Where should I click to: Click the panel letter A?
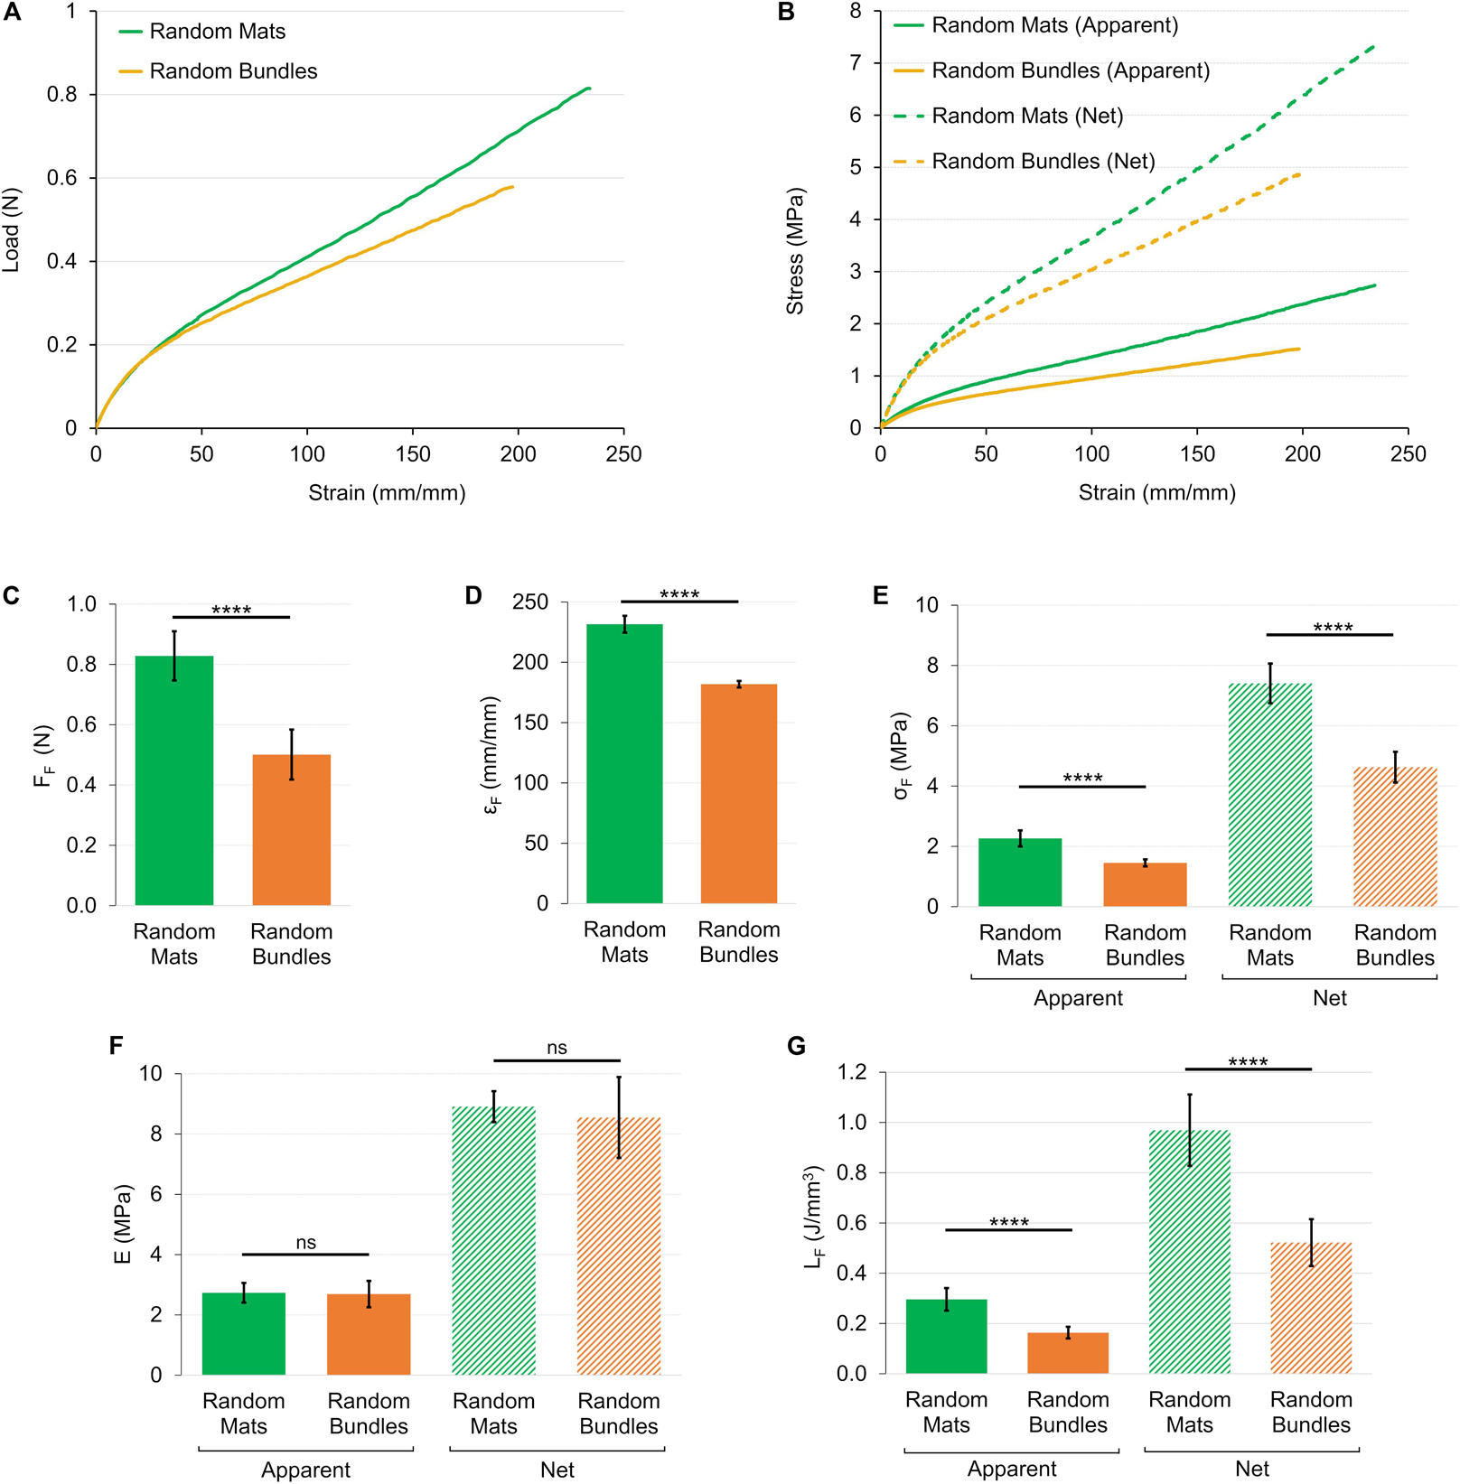pyautogui.click(x=12, y=14)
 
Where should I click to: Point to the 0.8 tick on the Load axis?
pyautogui.click(x=62, y=95)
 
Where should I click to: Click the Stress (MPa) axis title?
pyautogui.click(x=795, y=251)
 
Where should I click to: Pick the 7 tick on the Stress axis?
pyautogui.click(x=855, y=63)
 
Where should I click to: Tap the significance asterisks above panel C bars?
pyautogui.click(x=231, y=611)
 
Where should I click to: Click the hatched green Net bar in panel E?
pyautogui.click(x=1269, y=795)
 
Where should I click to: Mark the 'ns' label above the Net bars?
pyautogui.click(x=557, y=1048)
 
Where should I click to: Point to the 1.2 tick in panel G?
pyautogui.click(x=852, y=1072)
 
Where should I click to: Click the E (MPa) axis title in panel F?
pyautogui.click(x=124, y=1224)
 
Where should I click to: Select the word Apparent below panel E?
pyautogui.click(x=1078, y=998)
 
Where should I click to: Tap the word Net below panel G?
pyautogui.click(x=1252, y=1470)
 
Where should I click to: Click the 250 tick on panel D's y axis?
pyautogui.click(x=530, y=602)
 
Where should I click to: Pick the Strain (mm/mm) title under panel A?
pyautogui.click(x=387, y=493)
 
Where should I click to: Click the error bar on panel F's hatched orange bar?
pyautogui.click(x=619, y=1117)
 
